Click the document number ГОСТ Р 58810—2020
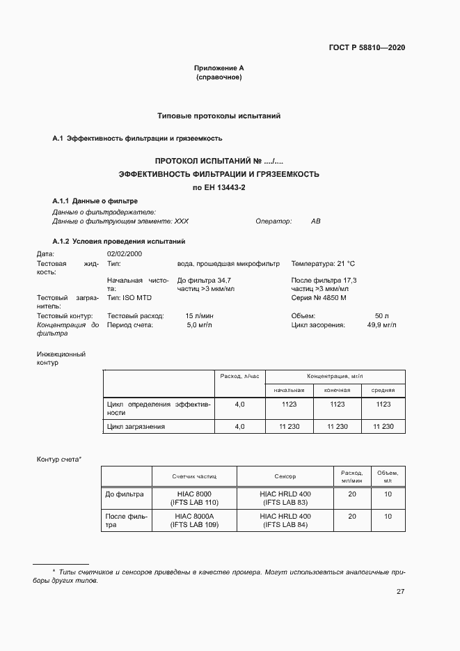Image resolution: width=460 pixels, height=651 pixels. point(367,48)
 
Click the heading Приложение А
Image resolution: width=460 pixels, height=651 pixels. point(219,68)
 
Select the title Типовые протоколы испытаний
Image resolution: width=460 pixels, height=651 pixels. point(219,116)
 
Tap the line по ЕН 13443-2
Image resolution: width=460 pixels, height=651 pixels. point(219,187)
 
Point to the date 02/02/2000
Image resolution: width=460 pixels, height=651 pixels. point(125,254)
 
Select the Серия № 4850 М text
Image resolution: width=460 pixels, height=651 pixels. point(319,298)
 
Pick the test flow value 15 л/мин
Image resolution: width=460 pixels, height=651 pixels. point(198,315)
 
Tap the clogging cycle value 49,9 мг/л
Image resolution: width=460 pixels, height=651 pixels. point(381,324)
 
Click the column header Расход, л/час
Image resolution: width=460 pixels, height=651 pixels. point(239,376)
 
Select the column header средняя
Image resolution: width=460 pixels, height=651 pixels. point(383,390)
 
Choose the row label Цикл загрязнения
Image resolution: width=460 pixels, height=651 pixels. point(136,426)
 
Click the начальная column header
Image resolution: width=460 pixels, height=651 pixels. point(289,390)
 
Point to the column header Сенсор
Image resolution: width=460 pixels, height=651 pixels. point(285,477)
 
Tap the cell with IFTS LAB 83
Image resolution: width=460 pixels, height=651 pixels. point(285,502)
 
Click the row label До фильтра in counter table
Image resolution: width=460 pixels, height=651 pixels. point(125,494)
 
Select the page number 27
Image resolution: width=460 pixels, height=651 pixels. point(400,592)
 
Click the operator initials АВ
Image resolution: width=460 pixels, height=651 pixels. point(315,221)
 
